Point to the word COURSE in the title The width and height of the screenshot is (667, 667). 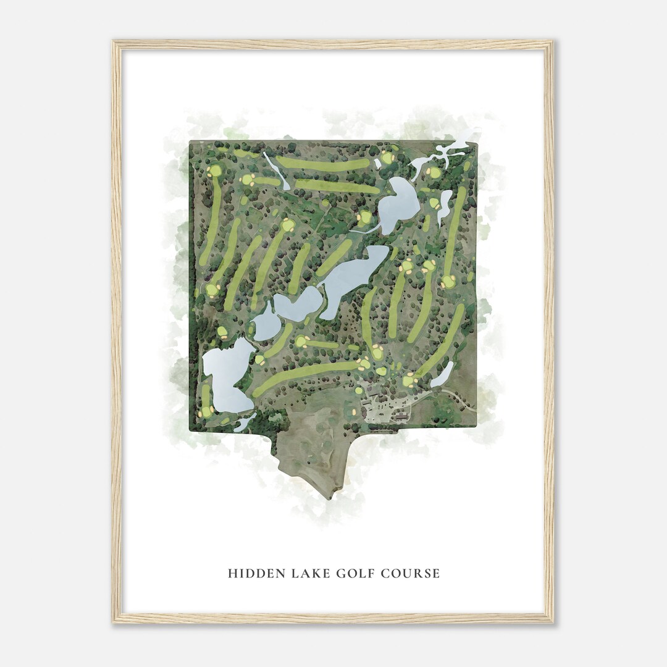(x=411, y=573)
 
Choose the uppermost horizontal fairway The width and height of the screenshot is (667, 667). (x=322, y=164)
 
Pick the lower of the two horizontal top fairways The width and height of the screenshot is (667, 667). (x=337, y=185)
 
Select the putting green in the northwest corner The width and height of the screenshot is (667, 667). (x=215, y=170)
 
